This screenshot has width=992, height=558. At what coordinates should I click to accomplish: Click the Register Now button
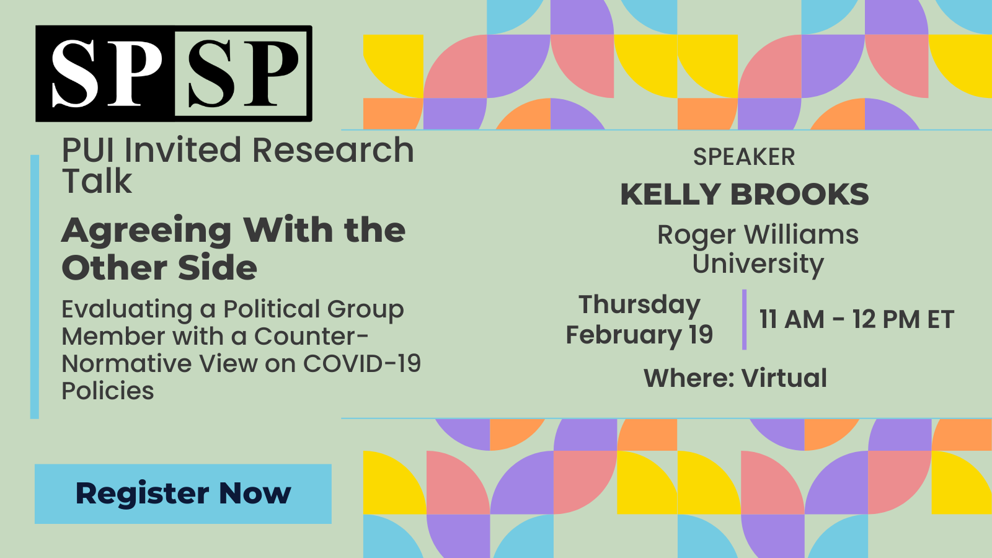click(183, 494)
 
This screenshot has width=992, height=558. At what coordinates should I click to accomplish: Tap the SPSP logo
click(174, 74)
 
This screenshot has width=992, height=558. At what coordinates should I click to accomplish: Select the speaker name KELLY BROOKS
click(745, 195)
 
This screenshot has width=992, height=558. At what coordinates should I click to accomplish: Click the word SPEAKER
click(744, 157)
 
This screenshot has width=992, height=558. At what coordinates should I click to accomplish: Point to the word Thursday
click(639, 306)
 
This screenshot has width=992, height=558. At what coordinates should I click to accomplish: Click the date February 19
click(639, 335)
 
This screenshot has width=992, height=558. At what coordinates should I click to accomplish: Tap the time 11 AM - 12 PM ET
click(856, 319)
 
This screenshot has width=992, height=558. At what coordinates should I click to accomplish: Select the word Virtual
click(784, 378)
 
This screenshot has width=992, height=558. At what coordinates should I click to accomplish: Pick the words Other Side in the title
click(159, 268)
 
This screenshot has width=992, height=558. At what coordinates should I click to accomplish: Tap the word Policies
click(108, 391)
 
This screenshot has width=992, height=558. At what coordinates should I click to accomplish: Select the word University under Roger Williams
click(758, 264)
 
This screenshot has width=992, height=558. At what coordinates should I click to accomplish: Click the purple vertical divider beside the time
click(745, 319)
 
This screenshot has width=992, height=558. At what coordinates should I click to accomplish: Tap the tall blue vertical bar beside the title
click(35, 286)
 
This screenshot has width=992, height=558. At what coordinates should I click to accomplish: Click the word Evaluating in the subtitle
click(127, 310)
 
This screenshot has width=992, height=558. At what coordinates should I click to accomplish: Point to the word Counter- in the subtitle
click(311, 336)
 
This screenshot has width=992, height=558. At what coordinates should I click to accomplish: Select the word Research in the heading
click(333, 150)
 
